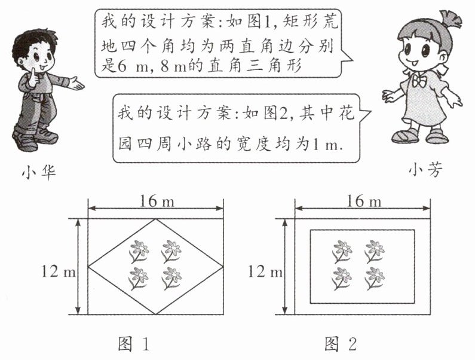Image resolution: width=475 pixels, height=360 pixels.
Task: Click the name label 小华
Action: [x=36, y=173]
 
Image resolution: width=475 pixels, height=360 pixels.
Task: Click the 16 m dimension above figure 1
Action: [x=157, y=202]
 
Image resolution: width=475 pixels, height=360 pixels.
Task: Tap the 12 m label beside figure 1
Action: [x=58, y=272]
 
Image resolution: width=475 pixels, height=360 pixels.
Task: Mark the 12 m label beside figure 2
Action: [x=263, y=272]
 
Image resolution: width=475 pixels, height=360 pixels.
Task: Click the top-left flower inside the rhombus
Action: [x=139, y=250]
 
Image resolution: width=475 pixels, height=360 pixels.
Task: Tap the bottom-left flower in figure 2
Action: [x=342, y=277]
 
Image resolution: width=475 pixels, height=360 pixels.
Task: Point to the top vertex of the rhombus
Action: [x=157, y=219]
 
